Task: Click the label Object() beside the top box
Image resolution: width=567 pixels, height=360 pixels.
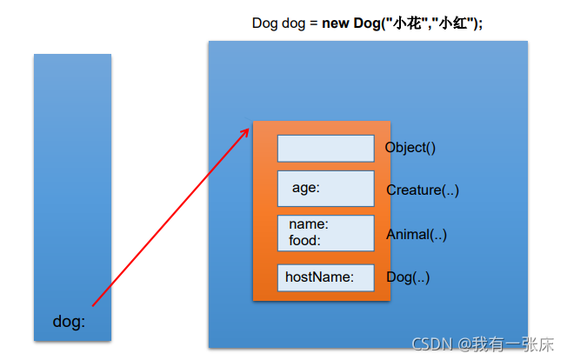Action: pyautogui.click(x=410, y=147)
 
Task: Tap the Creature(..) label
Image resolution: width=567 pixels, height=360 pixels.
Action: pyautogui.click(x=423, y=190)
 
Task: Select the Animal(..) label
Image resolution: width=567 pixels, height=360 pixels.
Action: pyautogui.click(x=417, y=234)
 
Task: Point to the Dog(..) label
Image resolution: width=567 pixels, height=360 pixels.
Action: pyautogui.click(x=408, y=277)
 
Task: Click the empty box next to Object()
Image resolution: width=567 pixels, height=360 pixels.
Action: pyautogui.click(x=325, y=148)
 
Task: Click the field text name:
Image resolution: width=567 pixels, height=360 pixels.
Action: pyautogui.click(x=309, y=223)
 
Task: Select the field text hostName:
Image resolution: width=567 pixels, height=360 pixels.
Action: pyautogui.click(x=319, y=277)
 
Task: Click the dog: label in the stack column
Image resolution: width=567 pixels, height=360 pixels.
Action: pyautogui.click(x=70, y=322)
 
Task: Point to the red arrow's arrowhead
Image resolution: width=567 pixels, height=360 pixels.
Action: pyautogui.click(x=246, y=130)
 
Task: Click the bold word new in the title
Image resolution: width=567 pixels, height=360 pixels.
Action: pyautogui.click(x=336, y=23)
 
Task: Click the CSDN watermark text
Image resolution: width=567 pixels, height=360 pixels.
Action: pyautogui.click(x=432, y=344)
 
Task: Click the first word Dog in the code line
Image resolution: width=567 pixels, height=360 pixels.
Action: pyautogui.click(x=264, y=23)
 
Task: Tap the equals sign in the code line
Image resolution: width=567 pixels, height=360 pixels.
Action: pyautogui.click(x=314, y=23)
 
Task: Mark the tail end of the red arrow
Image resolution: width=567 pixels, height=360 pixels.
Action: pyautogui.click(x=92, y=305)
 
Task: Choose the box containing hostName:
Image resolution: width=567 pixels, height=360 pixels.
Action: pyautogui.click(x=325, y=277)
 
